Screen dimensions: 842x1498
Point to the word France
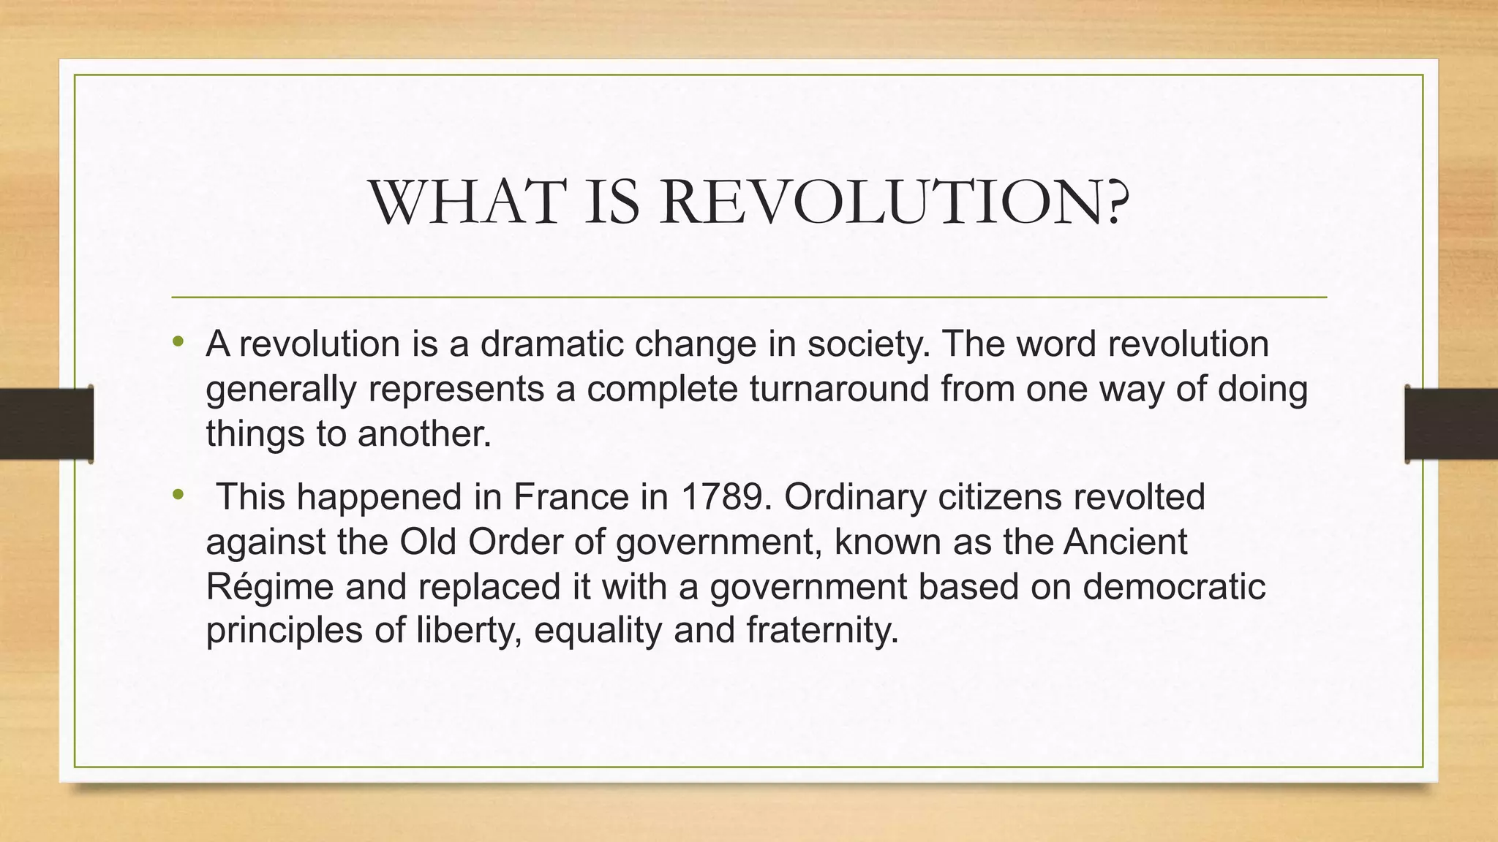[571, 497]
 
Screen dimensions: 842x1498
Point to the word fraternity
[821, 630]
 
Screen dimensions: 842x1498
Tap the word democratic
[1174, 586]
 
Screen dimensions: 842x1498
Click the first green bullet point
[178, 341]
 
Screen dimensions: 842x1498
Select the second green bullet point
[178, 495]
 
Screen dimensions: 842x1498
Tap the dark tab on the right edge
[1451, 424]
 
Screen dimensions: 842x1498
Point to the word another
[424, 433]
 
